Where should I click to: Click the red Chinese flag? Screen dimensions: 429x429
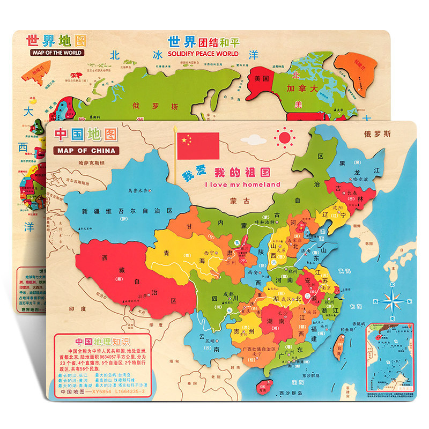click(x=198, y=145)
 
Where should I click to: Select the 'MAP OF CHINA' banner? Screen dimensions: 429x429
click(x=87, y=151)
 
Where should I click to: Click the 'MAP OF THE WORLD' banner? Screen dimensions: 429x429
click(x=52, y=53)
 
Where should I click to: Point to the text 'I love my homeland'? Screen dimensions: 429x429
click(x=243, y=184)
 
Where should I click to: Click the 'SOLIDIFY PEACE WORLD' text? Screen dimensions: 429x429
click(x=203, y=54)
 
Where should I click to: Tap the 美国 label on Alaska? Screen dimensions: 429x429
click(x=262, y=79)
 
